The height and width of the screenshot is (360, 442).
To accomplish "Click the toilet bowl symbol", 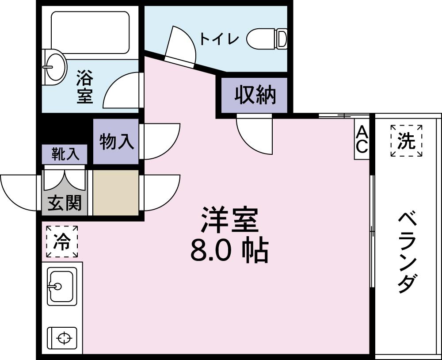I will (267, 38).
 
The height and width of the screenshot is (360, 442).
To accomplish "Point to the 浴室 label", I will (84, 88).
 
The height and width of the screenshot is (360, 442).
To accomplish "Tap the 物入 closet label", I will (116, 142).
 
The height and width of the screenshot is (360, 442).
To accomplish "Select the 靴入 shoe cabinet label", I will (65, 153).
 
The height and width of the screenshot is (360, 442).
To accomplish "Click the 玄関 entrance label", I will (65, 203).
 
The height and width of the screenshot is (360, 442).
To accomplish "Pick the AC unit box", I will (362, 139).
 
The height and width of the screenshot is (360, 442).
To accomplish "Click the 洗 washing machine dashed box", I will (406, 141).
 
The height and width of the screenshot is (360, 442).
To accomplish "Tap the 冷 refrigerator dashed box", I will (62, 241).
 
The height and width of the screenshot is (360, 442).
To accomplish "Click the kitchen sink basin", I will (61, 286).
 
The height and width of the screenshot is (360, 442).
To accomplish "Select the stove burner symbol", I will (64, 338).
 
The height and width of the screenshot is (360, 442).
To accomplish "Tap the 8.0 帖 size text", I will (229, 251).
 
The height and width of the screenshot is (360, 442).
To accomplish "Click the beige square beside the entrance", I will (116, 192).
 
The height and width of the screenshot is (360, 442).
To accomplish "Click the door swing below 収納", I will (255, 135).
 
